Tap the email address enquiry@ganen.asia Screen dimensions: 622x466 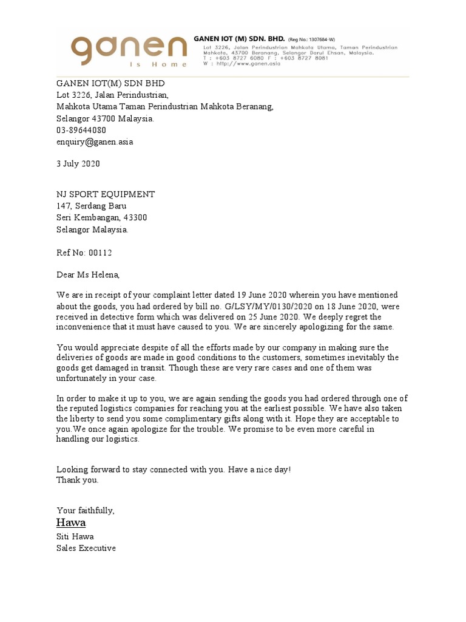pyautogui.click(x=95, y=142)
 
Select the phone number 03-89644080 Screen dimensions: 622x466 pyautogui.click(x=81, y=131)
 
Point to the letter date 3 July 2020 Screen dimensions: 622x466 pyautogui.click(x=78, y=164)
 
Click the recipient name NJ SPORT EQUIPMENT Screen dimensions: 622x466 pyautogui.click(x=106, y=194)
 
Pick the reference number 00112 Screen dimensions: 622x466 pyautogui.click(x=101, y=253)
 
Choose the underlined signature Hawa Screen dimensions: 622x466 pyautogui.click(x=71, y=523)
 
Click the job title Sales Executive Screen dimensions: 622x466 pyautogui.click(x=86, y=549)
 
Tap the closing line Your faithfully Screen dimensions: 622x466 pyautogui.click(x=86, y=510)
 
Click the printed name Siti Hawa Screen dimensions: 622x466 pyautogui.click(x=75, y=537)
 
